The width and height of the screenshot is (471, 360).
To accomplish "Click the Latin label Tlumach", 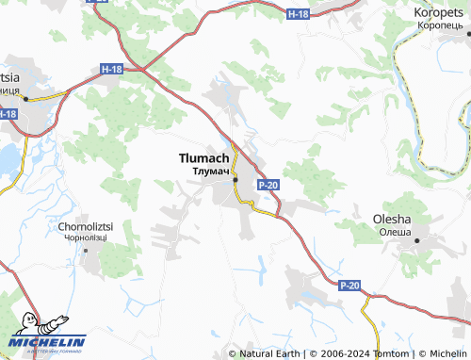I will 203,159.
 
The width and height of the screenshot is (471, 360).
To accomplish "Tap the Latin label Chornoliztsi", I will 86,227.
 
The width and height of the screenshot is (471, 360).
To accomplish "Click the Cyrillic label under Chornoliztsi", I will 86,238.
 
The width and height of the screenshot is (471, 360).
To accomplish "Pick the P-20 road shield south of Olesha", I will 349,285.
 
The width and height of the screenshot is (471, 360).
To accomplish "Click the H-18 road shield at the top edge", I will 297,14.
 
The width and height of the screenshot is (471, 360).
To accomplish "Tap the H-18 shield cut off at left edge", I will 8,114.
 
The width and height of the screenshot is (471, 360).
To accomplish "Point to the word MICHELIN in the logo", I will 49,342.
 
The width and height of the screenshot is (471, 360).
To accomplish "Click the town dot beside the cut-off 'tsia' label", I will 27,98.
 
